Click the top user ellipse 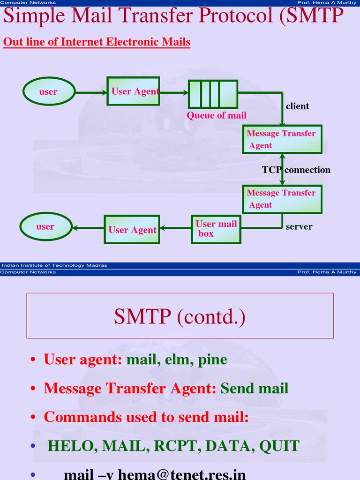coord(49,91)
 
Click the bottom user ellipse coord(46,227)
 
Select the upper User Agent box coord(133,91)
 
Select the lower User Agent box coord(132,230)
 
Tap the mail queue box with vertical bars coord(213,94)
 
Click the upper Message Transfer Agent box coord(282,139)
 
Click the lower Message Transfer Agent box coord(282,199)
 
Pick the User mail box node coord(216,229)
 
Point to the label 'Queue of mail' coord(216,115)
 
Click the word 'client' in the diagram coord(298,106)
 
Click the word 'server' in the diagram coord(299,227)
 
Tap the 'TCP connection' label coord(296,170)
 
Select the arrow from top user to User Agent coord(91,92)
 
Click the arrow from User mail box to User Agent coord(175,229)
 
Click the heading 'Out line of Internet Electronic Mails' coord(97,42)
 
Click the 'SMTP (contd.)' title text coord(180,317)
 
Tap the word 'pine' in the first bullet coord(212,360)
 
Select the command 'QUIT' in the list coord(279,446)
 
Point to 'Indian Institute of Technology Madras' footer coord(53,265)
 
